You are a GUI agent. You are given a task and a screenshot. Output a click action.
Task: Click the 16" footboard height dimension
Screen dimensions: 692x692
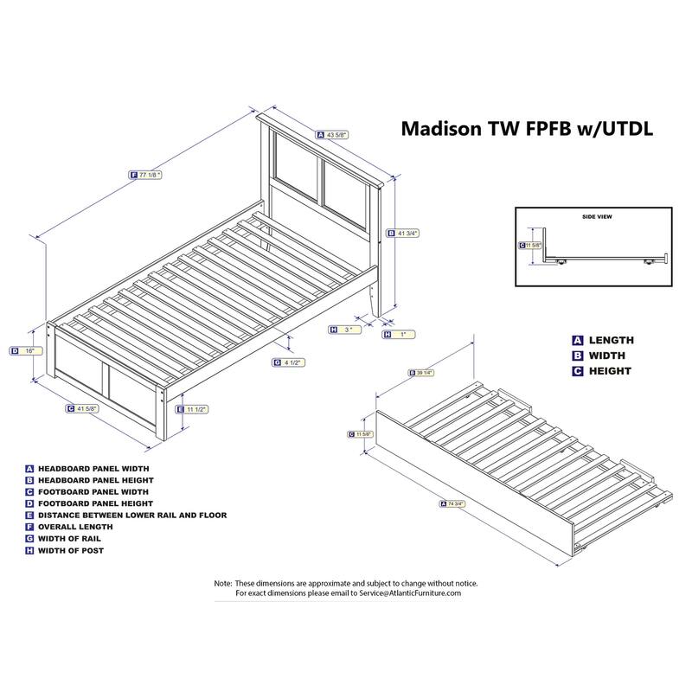29,350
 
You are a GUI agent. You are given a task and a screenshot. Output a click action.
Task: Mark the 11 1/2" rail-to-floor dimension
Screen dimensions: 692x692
196,408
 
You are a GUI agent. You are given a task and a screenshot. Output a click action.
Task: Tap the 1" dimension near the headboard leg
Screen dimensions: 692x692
400,334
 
